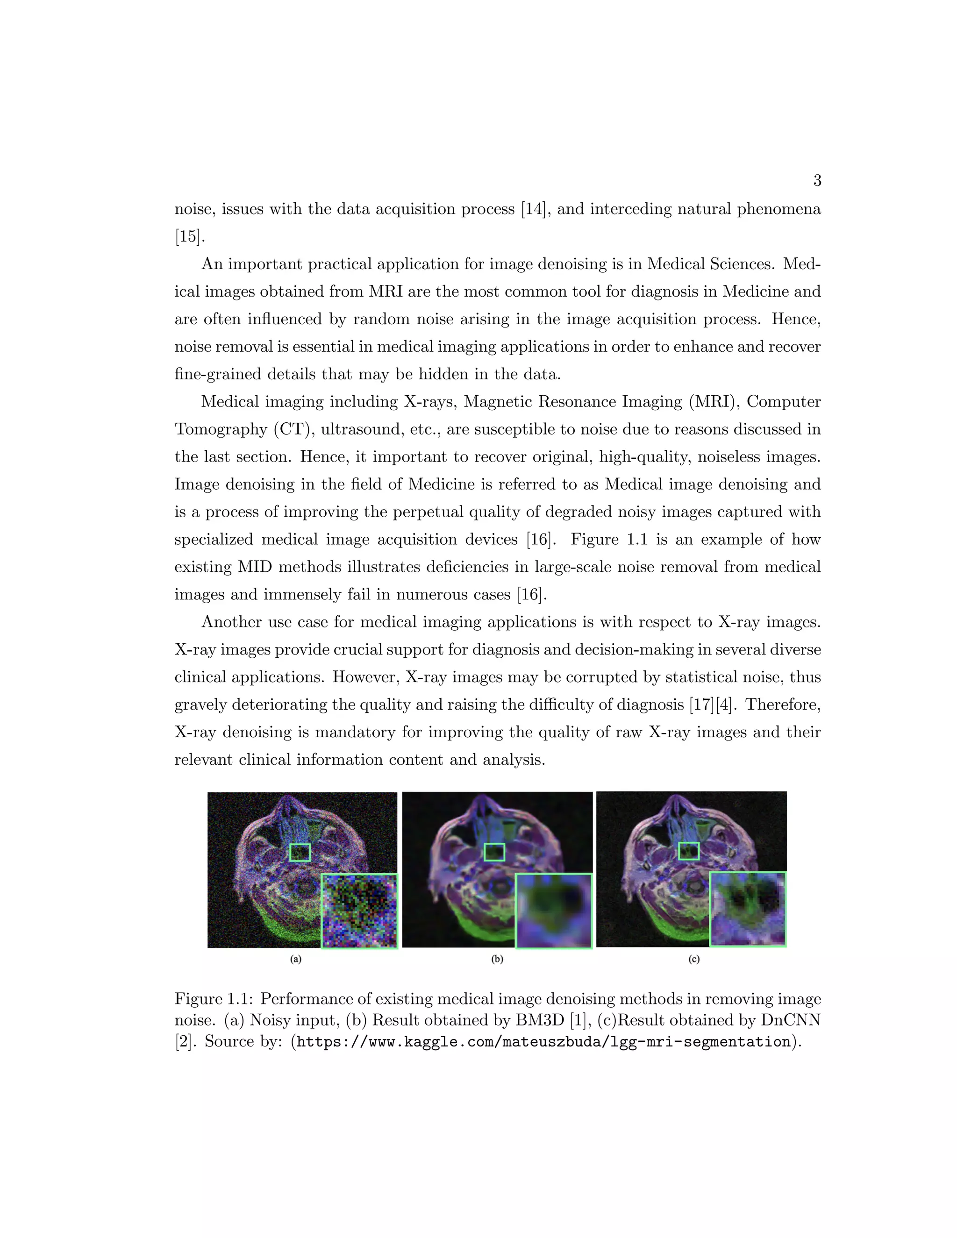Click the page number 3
[x=817, y=181]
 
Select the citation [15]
[x=188, y=236]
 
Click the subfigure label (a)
[x=296, y=960]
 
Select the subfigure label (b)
[x=497, y=960]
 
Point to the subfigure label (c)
[x=694, y=960]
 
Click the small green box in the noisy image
[x=300, y=853]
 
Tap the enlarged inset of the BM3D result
[x=554, y=911]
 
